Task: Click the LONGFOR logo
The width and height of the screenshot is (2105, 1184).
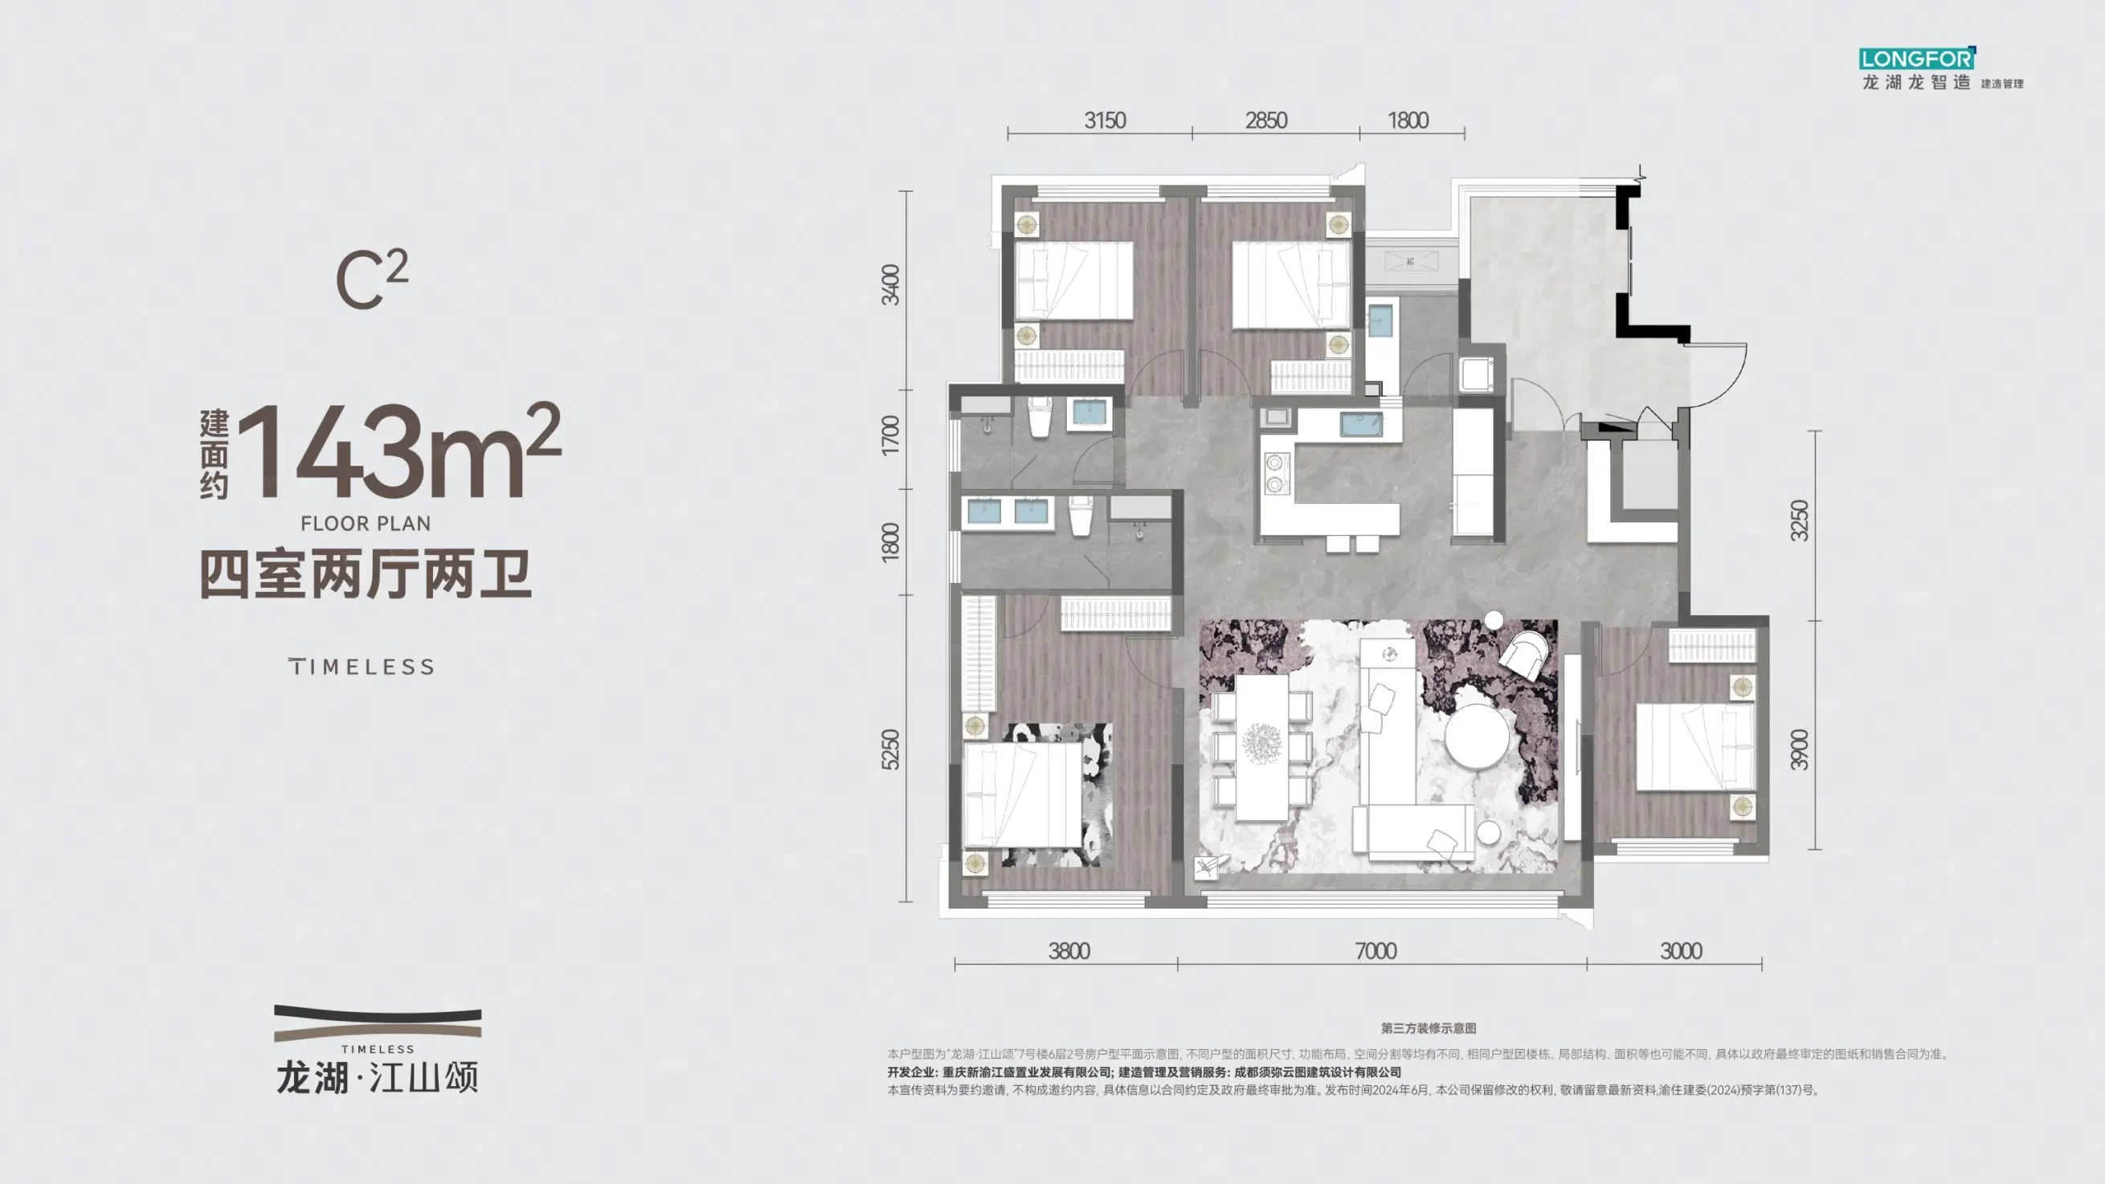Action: [x=1917, y=59]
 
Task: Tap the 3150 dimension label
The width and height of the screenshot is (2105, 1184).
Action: [x=1105, y=121]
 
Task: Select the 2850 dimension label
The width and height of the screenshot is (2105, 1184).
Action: [x=1265, y=121]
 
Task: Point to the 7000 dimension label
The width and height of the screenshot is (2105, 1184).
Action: [x=1376, y=951]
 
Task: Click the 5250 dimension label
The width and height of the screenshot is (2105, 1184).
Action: [x=891, y=749]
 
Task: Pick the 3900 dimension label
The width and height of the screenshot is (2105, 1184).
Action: [x=1800, y=749]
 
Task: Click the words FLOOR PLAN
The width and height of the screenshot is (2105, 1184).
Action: [x=366, y=524]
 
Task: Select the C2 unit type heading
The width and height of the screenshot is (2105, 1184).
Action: [x=372, y=280]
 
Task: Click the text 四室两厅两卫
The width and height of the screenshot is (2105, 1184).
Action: [x=366, y=575]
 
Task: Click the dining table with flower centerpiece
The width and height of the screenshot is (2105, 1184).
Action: [x=1261, y=746]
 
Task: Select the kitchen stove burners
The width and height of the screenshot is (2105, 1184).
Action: [x=1274, y=474]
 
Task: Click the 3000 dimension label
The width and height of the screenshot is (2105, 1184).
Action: [x=1681, y=951]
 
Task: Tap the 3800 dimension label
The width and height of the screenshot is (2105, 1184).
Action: [x=1069, y=951]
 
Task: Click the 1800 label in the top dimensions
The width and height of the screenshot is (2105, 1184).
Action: [x=1408, y=121]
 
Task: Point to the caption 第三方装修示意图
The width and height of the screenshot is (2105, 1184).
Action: [x=1429, y=1029]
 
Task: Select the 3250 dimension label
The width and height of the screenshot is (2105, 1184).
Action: [x=1800, y=521]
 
